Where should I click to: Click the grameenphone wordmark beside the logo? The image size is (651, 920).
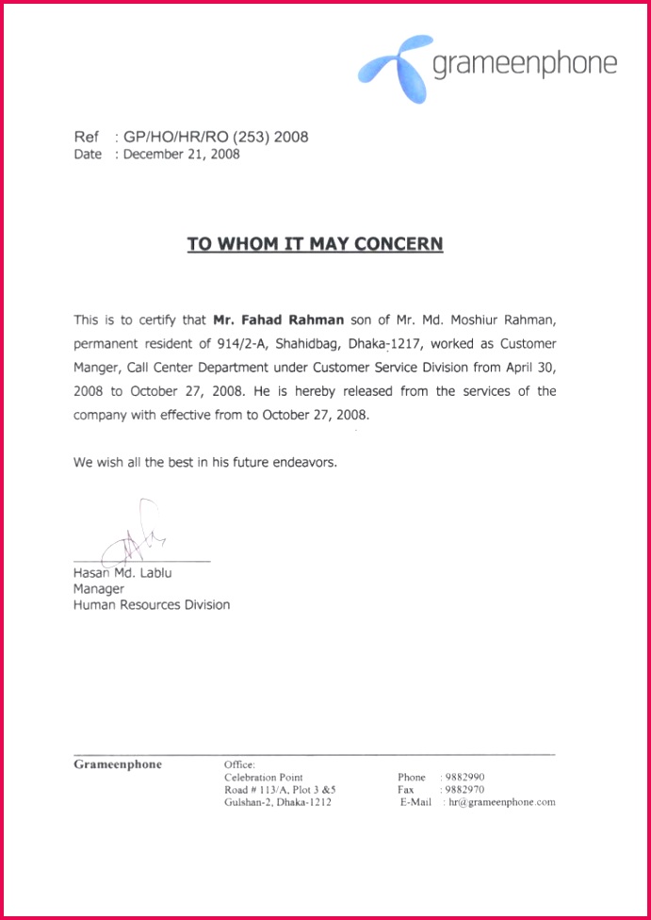(x=524, y=64)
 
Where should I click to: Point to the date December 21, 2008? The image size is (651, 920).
(x=182, y=155)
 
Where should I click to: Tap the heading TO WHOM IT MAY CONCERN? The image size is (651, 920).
(x=315, y=244)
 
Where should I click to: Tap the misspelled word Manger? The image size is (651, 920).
(x=95, y=367)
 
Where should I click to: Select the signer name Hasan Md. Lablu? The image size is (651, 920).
(x=122, y=572)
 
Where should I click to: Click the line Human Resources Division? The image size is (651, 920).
(x=152, y=604)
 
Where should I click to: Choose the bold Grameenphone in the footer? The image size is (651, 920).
(x=118, y=764)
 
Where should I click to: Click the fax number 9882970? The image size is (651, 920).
(x=465, y=790)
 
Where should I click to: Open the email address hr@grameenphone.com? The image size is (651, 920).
(x=502, y=802)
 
